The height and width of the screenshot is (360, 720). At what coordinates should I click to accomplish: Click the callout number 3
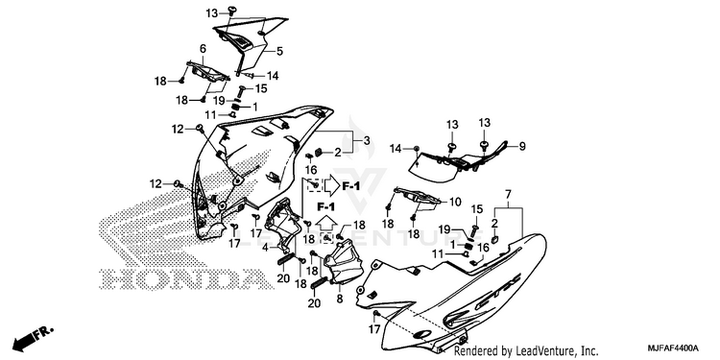(367, 140)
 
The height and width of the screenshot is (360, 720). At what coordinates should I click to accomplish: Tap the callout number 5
(279, 52)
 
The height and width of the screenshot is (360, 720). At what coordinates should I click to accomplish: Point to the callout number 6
(203, 49)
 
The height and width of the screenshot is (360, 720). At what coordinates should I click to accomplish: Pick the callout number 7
(508, 195)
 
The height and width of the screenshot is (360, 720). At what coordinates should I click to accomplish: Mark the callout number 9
(522, 147)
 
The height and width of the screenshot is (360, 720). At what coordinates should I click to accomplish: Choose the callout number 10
(455, 202)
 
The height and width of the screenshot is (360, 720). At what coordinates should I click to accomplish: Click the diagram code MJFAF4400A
(674, 348)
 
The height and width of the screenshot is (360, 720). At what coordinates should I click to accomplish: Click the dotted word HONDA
(181, 278)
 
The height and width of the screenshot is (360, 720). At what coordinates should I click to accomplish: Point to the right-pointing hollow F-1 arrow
(332, 185)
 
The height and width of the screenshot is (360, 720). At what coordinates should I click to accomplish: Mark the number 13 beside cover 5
(212, 12)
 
